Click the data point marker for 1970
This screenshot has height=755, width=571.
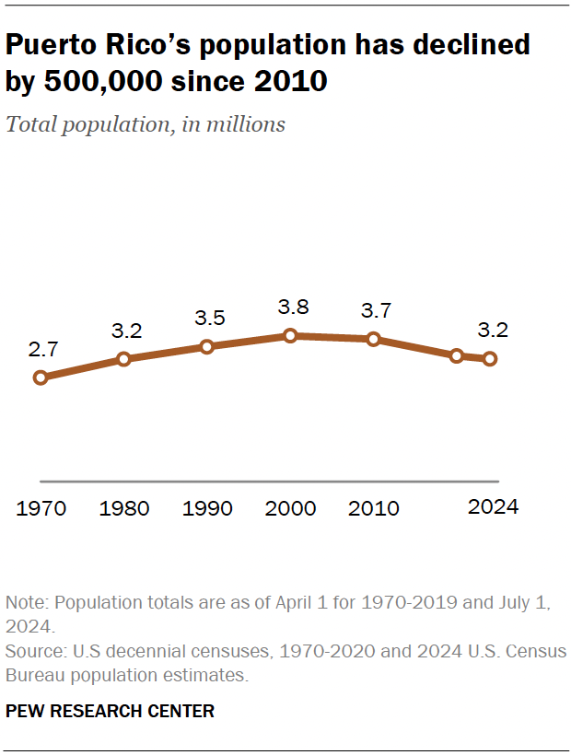click(40, 377)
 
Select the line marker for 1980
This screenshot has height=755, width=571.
click(123, 358)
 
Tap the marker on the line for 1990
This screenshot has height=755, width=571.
click(206, 346)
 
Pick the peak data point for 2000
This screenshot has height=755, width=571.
click(290, 336)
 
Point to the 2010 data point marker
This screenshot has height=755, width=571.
click(373, 339)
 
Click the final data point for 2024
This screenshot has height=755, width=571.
click(490, 358)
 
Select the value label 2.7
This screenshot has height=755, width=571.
click(41, 349)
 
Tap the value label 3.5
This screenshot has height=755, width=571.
click(209, 319)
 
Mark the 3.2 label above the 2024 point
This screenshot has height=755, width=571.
click(493, 331)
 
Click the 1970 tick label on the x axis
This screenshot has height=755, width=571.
click(41, 508)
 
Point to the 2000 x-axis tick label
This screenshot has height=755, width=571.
click(290, 508)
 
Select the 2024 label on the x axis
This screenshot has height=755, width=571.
click(493, 506)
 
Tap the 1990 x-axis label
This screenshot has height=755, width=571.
click(207, 508)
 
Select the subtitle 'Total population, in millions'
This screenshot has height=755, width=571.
click(146, 124)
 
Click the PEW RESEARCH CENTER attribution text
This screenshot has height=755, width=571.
click(110, 711)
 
